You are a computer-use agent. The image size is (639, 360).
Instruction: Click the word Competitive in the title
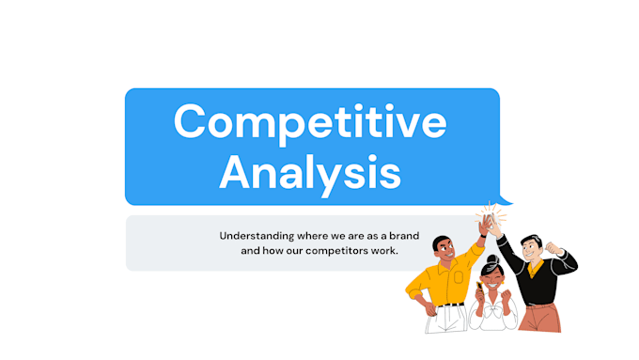[311, 122]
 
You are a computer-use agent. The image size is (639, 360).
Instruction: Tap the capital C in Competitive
[191, 122]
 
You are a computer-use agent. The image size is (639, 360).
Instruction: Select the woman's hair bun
[492, 260]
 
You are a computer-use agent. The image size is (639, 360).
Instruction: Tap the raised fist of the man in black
[553, 248]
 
